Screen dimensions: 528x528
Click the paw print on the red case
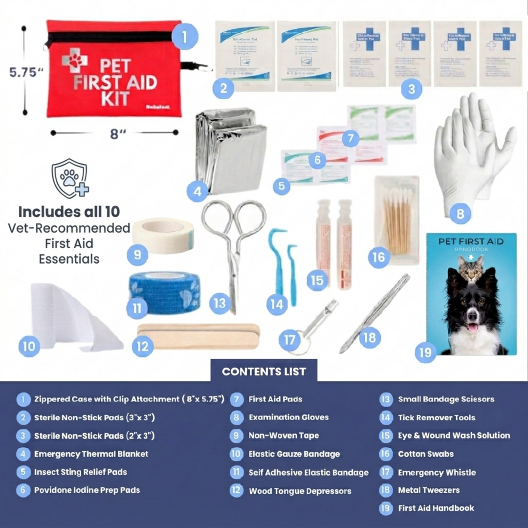75,59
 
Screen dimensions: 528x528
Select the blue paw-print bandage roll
165,292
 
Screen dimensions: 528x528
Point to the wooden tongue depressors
198,336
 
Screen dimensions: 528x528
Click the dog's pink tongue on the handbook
472,327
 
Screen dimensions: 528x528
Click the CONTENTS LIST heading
264,372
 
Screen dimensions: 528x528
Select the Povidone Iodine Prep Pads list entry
87,490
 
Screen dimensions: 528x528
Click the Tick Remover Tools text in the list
437,418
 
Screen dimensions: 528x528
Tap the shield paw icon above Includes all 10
70,178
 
